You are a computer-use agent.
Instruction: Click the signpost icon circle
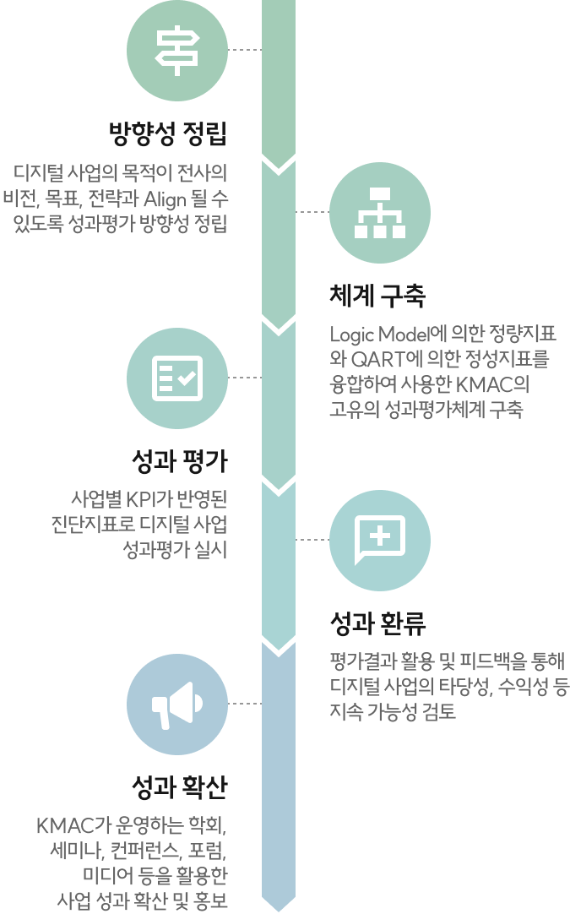tap(176, 51)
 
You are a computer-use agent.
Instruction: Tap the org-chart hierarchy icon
tap(380, 213)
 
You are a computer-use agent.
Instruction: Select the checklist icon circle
tap(176, 378)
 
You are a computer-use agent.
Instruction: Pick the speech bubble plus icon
tap(380, 541)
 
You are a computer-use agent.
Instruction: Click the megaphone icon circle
tap(176, 705)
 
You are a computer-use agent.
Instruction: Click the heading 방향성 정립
tap(168, 133)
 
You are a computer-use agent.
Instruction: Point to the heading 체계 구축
tap(377, 295)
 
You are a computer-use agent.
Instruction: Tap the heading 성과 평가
tap(180, 461)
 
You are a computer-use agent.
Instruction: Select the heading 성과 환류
tap(377, 623)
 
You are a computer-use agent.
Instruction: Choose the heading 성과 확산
tap(180, 787)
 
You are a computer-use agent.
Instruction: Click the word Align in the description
tap(165, 199)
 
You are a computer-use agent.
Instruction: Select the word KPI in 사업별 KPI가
tap(140, 499)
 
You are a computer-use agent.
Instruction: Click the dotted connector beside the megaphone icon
tap(245, 705)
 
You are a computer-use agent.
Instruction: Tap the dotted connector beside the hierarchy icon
tap(312, 212)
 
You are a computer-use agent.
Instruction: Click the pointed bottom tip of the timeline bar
tap(279, 911)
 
